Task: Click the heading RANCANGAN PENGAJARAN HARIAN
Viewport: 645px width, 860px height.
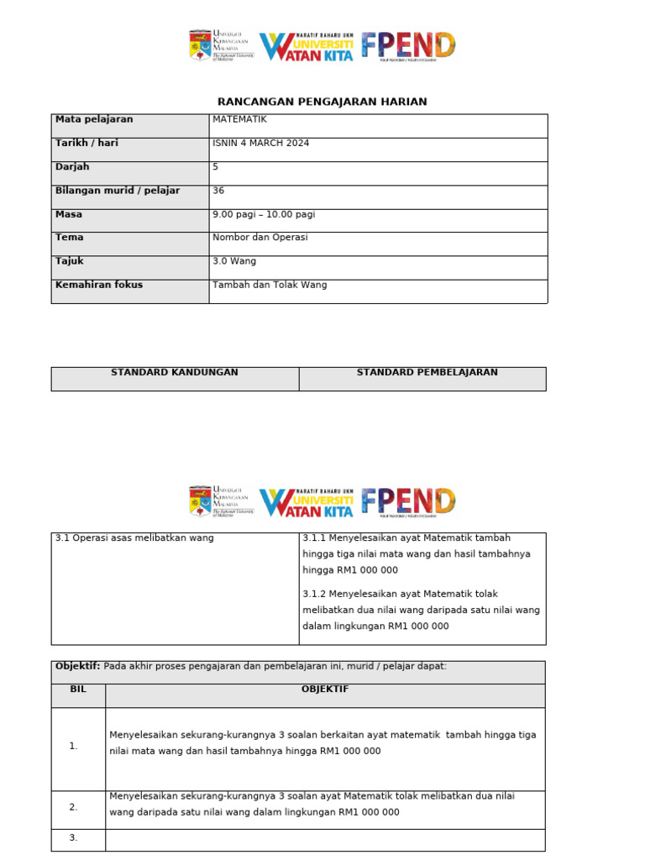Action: click(x=322, y=102)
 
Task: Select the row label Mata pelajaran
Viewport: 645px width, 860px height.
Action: click(x=94, y=119)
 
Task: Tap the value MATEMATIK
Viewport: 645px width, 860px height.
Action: click(x=240, y=119)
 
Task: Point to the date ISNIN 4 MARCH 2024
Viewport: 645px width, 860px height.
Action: click(x=261, y=143)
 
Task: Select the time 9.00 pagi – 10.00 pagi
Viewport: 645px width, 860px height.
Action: click(x=264, y=214)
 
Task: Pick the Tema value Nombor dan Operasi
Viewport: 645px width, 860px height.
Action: click(x=260, y=237)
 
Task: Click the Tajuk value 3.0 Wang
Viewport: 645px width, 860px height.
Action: click(x=234, y=261)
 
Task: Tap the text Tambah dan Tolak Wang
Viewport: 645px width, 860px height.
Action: click(x=270, y=285)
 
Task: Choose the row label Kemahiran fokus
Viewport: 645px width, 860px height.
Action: click(x=99, y=285)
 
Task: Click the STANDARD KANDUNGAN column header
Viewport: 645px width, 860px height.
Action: click(x=175, y=372)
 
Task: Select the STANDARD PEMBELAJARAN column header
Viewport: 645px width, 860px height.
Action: click(x=427, y=372)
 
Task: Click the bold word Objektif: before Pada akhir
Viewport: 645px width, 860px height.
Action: click(x=77, y=666)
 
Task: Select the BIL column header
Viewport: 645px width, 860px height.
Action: click(x=78, y=689)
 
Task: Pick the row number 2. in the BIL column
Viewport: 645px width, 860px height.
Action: click(x=74, y=807)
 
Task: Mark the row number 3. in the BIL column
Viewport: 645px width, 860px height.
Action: click(x=74, y=837)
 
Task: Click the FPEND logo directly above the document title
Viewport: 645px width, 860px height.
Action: click(x=409, y=45)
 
